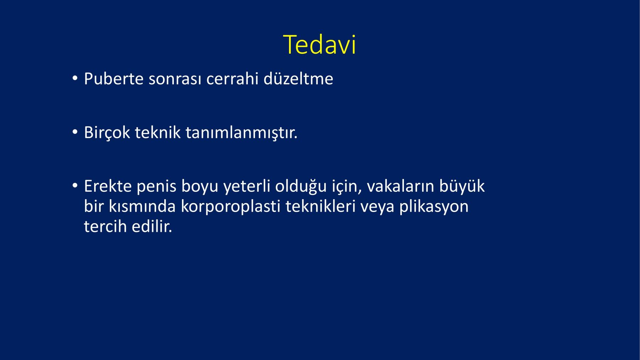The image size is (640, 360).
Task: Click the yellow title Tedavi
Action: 320,45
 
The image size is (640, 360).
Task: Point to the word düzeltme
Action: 298,79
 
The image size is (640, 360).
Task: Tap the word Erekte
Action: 108,186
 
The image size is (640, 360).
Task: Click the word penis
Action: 156,187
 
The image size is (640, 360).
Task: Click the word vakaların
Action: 400,186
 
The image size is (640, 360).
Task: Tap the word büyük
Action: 462,186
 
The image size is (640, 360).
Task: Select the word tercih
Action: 105,227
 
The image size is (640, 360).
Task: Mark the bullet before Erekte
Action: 74,186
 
